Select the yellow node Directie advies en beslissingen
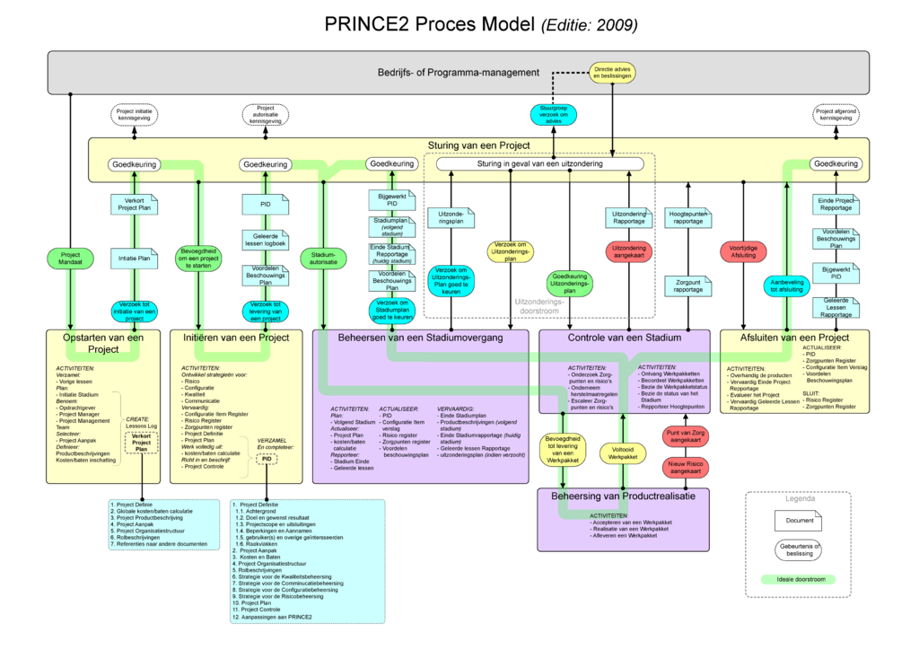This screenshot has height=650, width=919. tap(612, 73)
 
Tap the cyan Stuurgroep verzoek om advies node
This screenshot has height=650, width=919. tap(553, 115)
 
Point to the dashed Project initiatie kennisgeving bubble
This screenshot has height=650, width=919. tap(135, 114)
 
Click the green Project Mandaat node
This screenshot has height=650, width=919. tap(70, 259)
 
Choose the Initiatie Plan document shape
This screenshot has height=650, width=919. tap(134, 259)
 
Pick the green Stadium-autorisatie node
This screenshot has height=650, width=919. tap(323, 259)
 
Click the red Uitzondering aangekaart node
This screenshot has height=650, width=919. tap(628, 251)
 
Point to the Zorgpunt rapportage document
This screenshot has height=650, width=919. tap(688, 285)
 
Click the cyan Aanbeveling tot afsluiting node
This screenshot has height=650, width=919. tap(787, 285)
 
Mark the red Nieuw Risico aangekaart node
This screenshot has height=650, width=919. tap(685, 467)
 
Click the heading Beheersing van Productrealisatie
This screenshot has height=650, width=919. tap(623, 496)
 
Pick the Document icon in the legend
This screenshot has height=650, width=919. tap(799, 520)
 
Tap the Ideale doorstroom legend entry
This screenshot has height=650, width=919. tap(798, 579)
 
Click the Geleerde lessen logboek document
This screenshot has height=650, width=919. tap(266, 240)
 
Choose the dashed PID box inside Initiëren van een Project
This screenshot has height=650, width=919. tap(267, 459)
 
